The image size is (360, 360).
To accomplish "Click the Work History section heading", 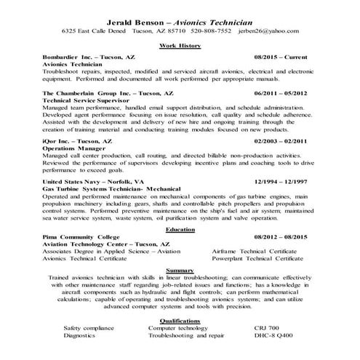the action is coord(180,45).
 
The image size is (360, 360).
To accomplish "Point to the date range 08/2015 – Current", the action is coord(280,55).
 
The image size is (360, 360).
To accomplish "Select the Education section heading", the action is coord(180,230).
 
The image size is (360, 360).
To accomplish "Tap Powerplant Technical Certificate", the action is coord(257,259).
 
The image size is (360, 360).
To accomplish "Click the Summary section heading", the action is coord(180,269).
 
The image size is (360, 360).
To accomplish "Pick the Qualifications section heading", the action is coord(180,320).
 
